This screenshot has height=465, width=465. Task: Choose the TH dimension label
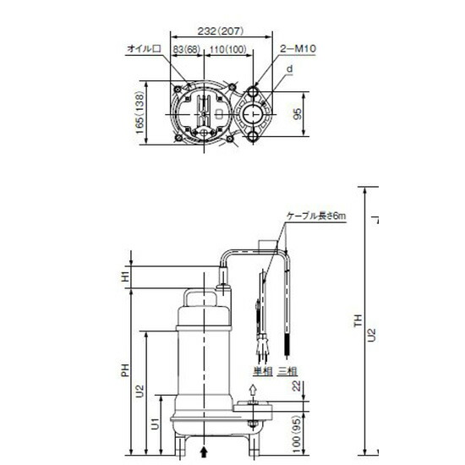[x=358, y=321]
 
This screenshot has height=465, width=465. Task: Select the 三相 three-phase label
[x=288, y=370]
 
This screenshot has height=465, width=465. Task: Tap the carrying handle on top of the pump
[x=204, y=298]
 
